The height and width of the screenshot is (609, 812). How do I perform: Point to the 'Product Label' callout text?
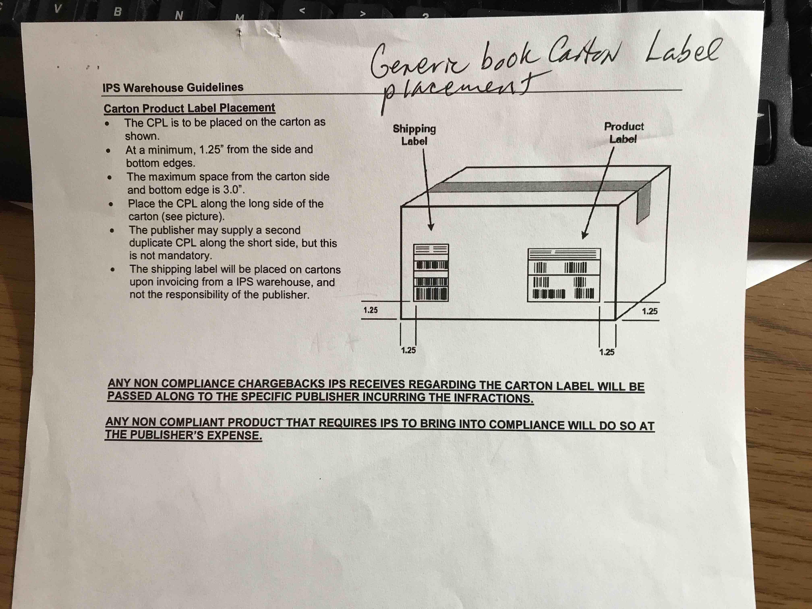tap(624, 133)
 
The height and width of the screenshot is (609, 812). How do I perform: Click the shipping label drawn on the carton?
tap(431, 272)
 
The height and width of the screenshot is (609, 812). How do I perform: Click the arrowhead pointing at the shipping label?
tap(431, 227)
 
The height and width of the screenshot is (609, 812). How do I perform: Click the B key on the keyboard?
tap(117, 11)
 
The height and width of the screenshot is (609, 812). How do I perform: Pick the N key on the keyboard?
tap(179, 15)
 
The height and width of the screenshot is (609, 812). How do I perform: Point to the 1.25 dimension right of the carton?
tap(649, 311)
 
